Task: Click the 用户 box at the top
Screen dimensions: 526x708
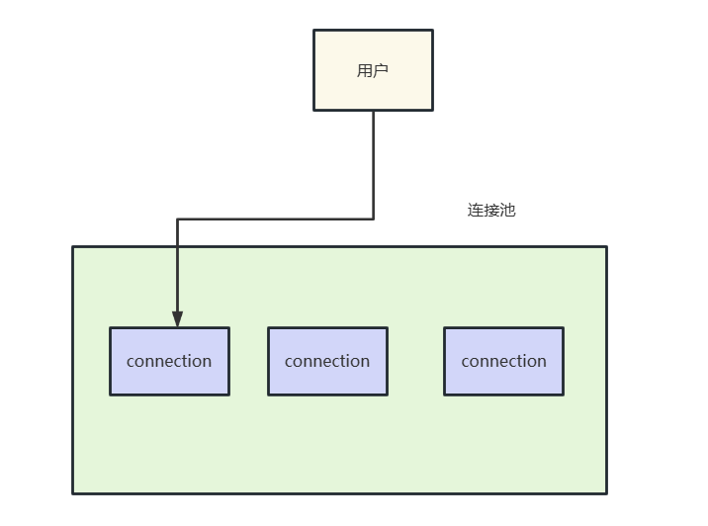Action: pyautogui.click(x=373, y=70)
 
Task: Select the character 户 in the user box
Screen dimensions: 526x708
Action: pyautogui.click(x=381, y=70)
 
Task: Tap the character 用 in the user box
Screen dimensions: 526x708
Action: pyautogui.click(x=365, y=70)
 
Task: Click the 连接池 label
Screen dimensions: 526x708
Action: pyautogui.click(x=491, y=211)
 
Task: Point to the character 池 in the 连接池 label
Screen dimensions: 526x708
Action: pyautogui.click(x=507, y=211)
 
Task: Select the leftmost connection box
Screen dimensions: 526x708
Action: pyautogui.click(x=169, y=361)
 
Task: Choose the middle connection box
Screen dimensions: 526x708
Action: pyautogui.click(x=327, y=361)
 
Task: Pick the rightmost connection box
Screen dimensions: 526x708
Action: pyautogui.click(x=503, y=361)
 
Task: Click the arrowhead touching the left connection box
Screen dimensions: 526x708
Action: pyautogui.click(x=177, y=319)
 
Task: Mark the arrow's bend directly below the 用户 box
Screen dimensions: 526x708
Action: pyautogui.click(x=374, y=219)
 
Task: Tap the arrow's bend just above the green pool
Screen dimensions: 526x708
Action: pyautogui.click(x=177, y=219)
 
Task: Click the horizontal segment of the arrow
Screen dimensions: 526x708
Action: pyautogui.click(x=277, y=219)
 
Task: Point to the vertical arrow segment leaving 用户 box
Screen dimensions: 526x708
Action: pyautogui.click(x=374, y=163)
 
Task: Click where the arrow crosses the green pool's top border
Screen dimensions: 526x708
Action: pyautogui.click(x=177, y=246)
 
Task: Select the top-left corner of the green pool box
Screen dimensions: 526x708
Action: pyautogui.click(x=73, y=246)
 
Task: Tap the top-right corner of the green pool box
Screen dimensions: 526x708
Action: pyautogui.click(x=606, y=246)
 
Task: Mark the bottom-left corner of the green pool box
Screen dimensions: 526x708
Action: pyautogui.click(x=73, y=492)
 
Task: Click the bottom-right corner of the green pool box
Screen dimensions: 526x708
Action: pyautogui.click(x=606, y=492)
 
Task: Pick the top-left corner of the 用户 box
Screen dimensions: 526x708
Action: pyautogui.click(x=314, y=30)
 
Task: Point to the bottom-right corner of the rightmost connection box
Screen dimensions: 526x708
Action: pyautogui.click(x=563, y=394)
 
